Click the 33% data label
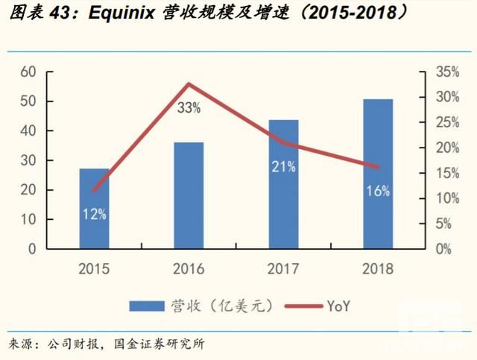coord(189,108)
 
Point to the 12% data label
coord(95,215)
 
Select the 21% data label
coord(283,167)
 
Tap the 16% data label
coord(378,192)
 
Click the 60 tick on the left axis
coord(28,72)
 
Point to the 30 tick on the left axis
coord(28,160)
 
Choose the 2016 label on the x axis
coord(189,269)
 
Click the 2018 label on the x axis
coord(378,269)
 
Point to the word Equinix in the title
coord(116,13)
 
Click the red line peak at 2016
coord(189,83)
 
